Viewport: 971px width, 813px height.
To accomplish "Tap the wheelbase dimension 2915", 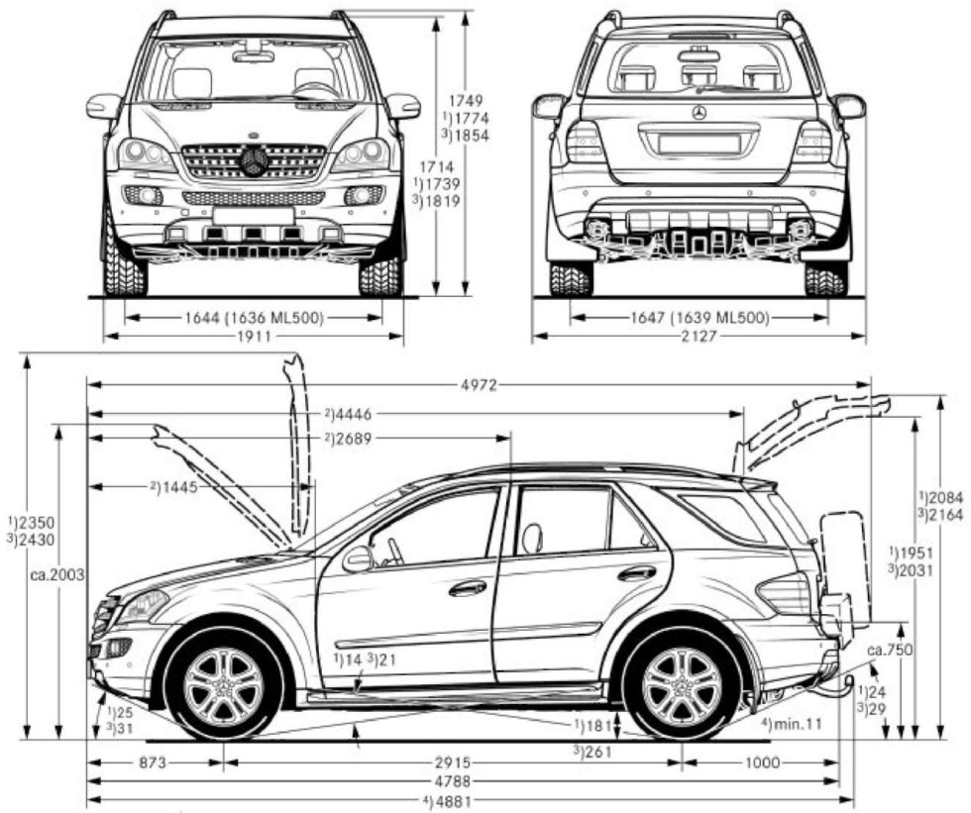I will tap(451, 762).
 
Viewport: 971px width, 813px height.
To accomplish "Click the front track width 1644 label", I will tap(253, 318).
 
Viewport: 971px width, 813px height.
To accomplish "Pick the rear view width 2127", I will tap(699, 337).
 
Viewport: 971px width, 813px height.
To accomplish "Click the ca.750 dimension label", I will tap(889, 651).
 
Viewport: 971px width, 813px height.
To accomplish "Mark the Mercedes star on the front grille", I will tap(255, 161).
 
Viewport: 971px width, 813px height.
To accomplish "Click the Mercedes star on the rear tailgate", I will tap(699, 113).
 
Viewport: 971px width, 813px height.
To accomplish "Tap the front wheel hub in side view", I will tap(224, 686).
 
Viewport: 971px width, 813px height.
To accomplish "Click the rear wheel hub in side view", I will tap(682, 686).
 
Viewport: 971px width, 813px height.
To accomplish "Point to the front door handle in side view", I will tap(468, 588).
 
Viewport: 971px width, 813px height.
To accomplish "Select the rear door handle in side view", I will tap(636, 573).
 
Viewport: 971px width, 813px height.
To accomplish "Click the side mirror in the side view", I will tap(357, 559).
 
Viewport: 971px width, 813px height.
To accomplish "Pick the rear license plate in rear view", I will tap(699, 143).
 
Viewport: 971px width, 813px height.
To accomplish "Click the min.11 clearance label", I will tap(793, 724).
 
